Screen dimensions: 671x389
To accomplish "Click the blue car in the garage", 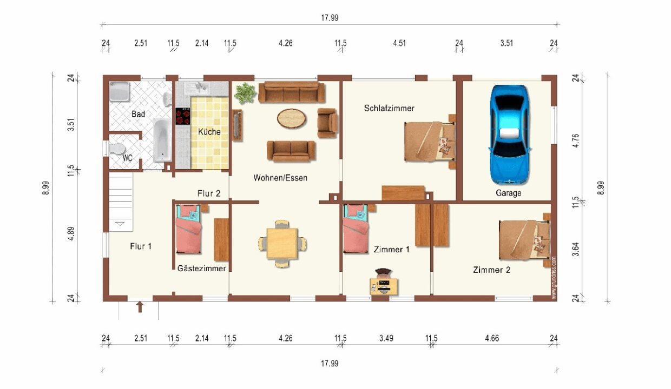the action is point(509,135).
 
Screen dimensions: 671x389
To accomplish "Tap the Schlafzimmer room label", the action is point(389,108).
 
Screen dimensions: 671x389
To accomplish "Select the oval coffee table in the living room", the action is point(292,119).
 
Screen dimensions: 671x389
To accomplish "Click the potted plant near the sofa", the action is point(245,93).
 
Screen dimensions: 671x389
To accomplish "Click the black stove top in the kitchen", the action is point(183,116).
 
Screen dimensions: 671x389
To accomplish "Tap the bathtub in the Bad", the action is point(162,140).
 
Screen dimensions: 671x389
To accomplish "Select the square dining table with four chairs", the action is point(282,244).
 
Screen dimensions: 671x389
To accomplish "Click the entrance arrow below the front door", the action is point(140,307).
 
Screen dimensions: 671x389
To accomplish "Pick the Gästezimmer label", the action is point(202,268).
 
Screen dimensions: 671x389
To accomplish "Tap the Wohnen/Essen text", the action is point(280,178).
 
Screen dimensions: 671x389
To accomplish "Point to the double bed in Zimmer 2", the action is point(525,240).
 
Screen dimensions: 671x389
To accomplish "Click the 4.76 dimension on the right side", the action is point(575,140).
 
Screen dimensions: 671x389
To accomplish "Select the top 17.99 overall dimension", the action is point(330,18).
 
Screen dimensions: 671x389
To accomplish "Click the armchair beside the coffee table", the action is point(327,123).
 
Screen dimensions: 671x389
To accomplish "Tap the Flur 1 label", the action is point(141,246).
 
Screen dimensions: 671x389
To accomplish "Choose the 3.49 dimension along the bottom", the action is point(386,338).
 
